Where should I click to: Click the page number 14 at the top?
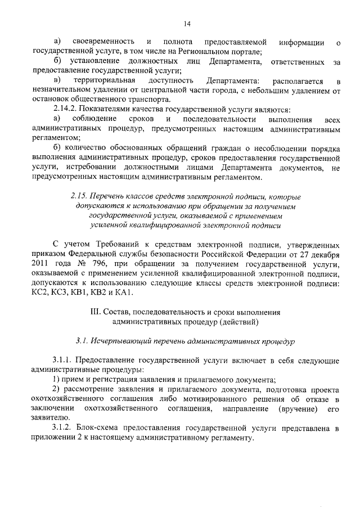tap(187, 24)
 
